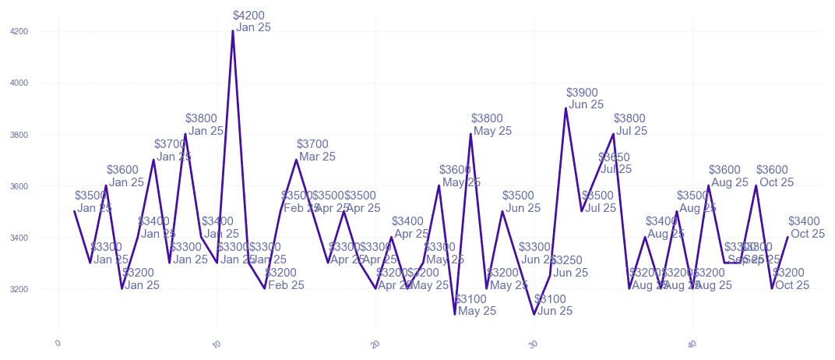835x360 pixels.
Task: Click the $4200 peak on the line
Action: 233,31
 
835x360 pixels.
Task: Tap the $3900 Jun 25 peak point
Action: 565,108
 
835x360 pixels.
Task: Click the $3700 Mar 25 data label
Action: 316,150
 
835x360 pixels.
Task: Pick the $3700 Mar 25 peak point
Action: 296,160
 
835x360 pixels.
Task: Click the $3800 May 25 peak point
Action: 470,134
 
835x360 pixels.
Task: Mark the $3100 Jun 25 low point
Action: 534,314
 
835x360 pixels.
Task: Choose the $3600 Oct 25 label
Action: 775,176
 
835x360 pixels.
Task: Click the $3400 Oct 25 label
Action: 806,228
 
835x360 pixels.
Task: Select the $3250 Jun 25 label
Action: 569,266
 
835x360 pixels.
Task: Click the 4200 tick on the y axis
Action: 19,32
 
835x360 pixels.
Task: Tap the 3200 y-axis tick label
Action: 19,289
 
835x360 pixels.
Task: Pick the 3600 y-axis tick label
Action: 19,186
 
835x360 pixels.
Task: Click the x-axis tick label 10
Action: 217,344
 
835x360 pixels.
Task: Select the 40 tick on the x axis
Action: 692,344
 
